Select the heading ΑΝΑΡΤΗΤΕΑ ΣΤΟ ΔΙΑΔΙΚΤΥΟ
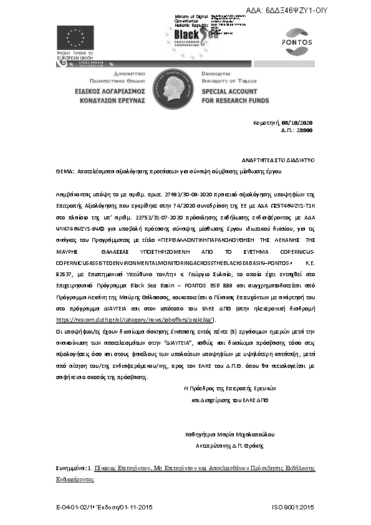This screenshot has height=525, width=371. (278, 160)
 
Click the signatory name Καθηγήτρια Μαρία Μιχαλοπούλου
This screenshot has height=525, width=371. (230, 434)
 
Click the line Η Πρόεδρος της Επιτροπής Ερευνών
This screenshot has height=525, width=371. (229, 387)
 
